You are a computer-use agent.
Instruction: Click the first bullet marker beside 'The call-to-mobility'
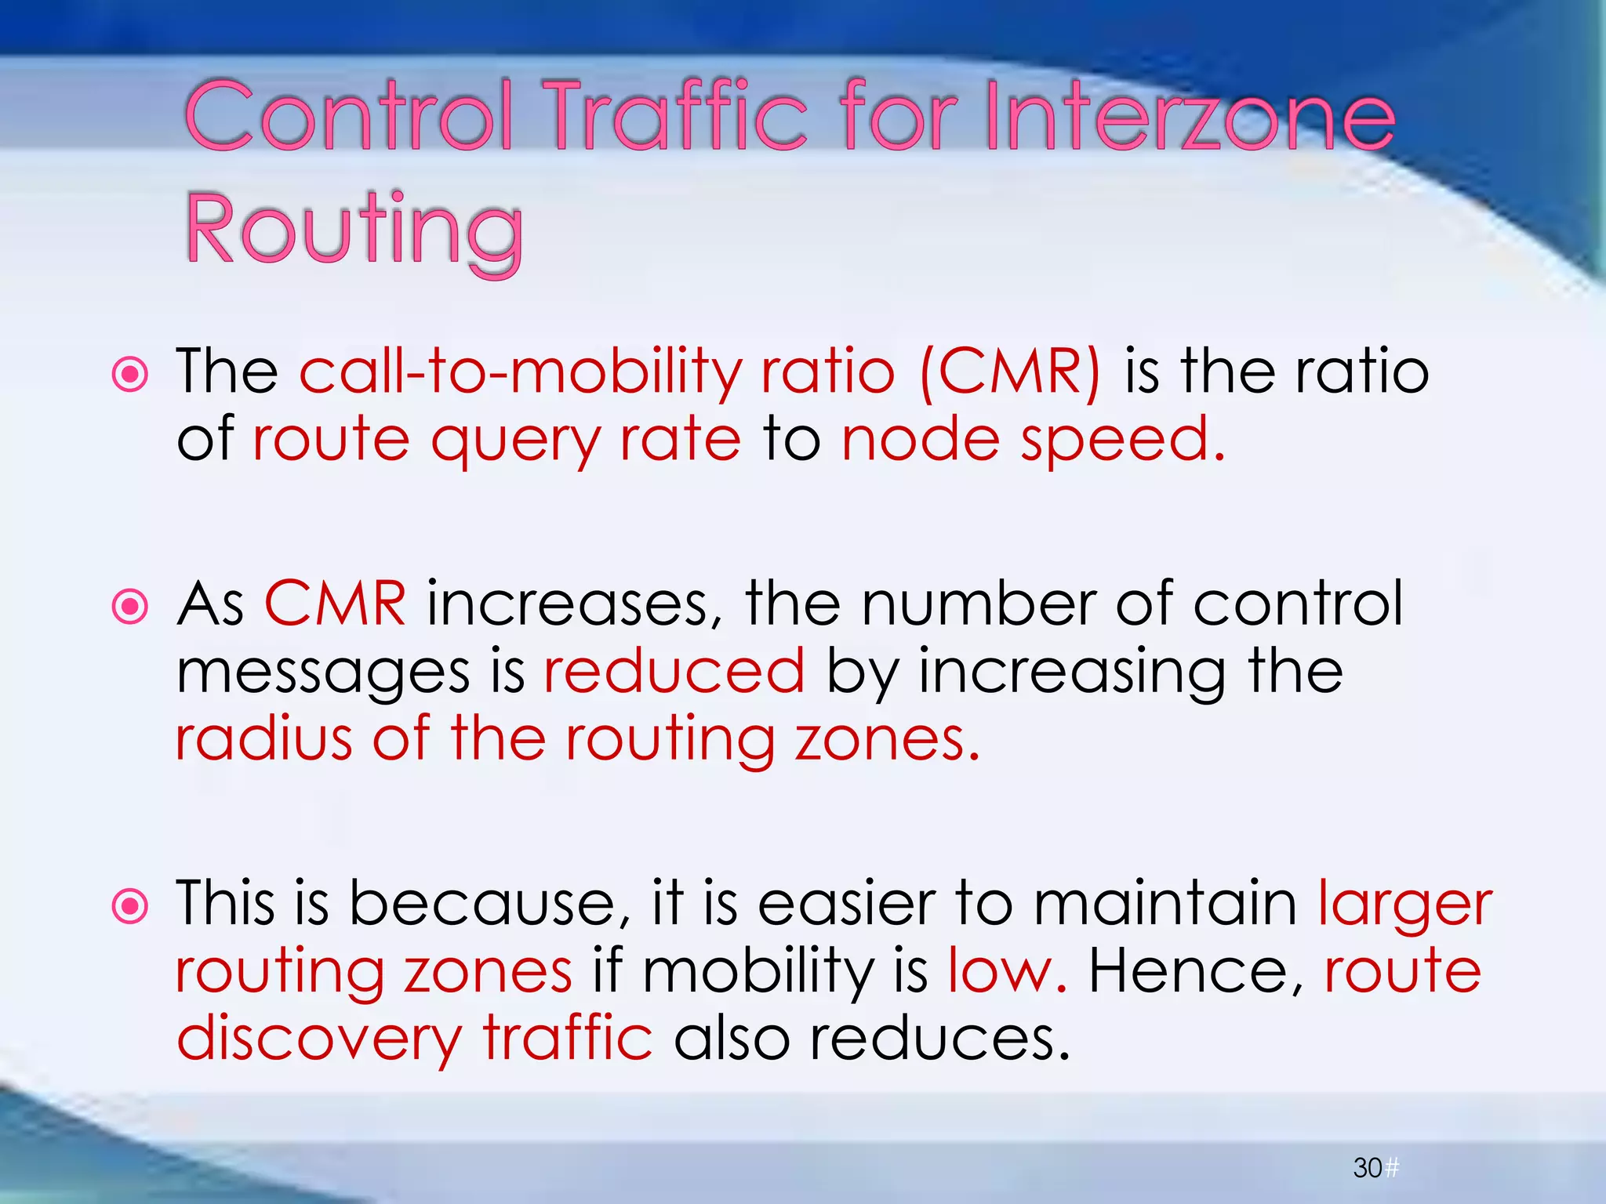(x=130, y=374)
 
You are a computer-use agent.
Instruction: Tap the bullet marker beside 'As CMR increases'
(x=130, y=606)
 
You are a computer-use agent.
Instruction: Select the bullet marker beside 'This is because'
(x=130, y=907)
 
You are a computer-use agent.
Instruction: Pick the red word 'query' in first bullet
(x=514, y=441)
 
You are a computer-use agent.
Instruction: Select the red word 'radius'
(x=263, y=738)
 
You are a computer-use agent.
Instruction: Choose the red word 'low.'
(x=1007, y=971)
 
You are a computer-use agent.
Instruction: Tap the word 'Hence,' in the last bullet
(x=1196, y=971)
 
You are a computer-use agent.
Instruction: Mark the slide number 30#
(x=1375, y=1169)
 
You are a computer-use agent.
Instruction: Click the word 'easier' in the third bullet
(x=847, y=904)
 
